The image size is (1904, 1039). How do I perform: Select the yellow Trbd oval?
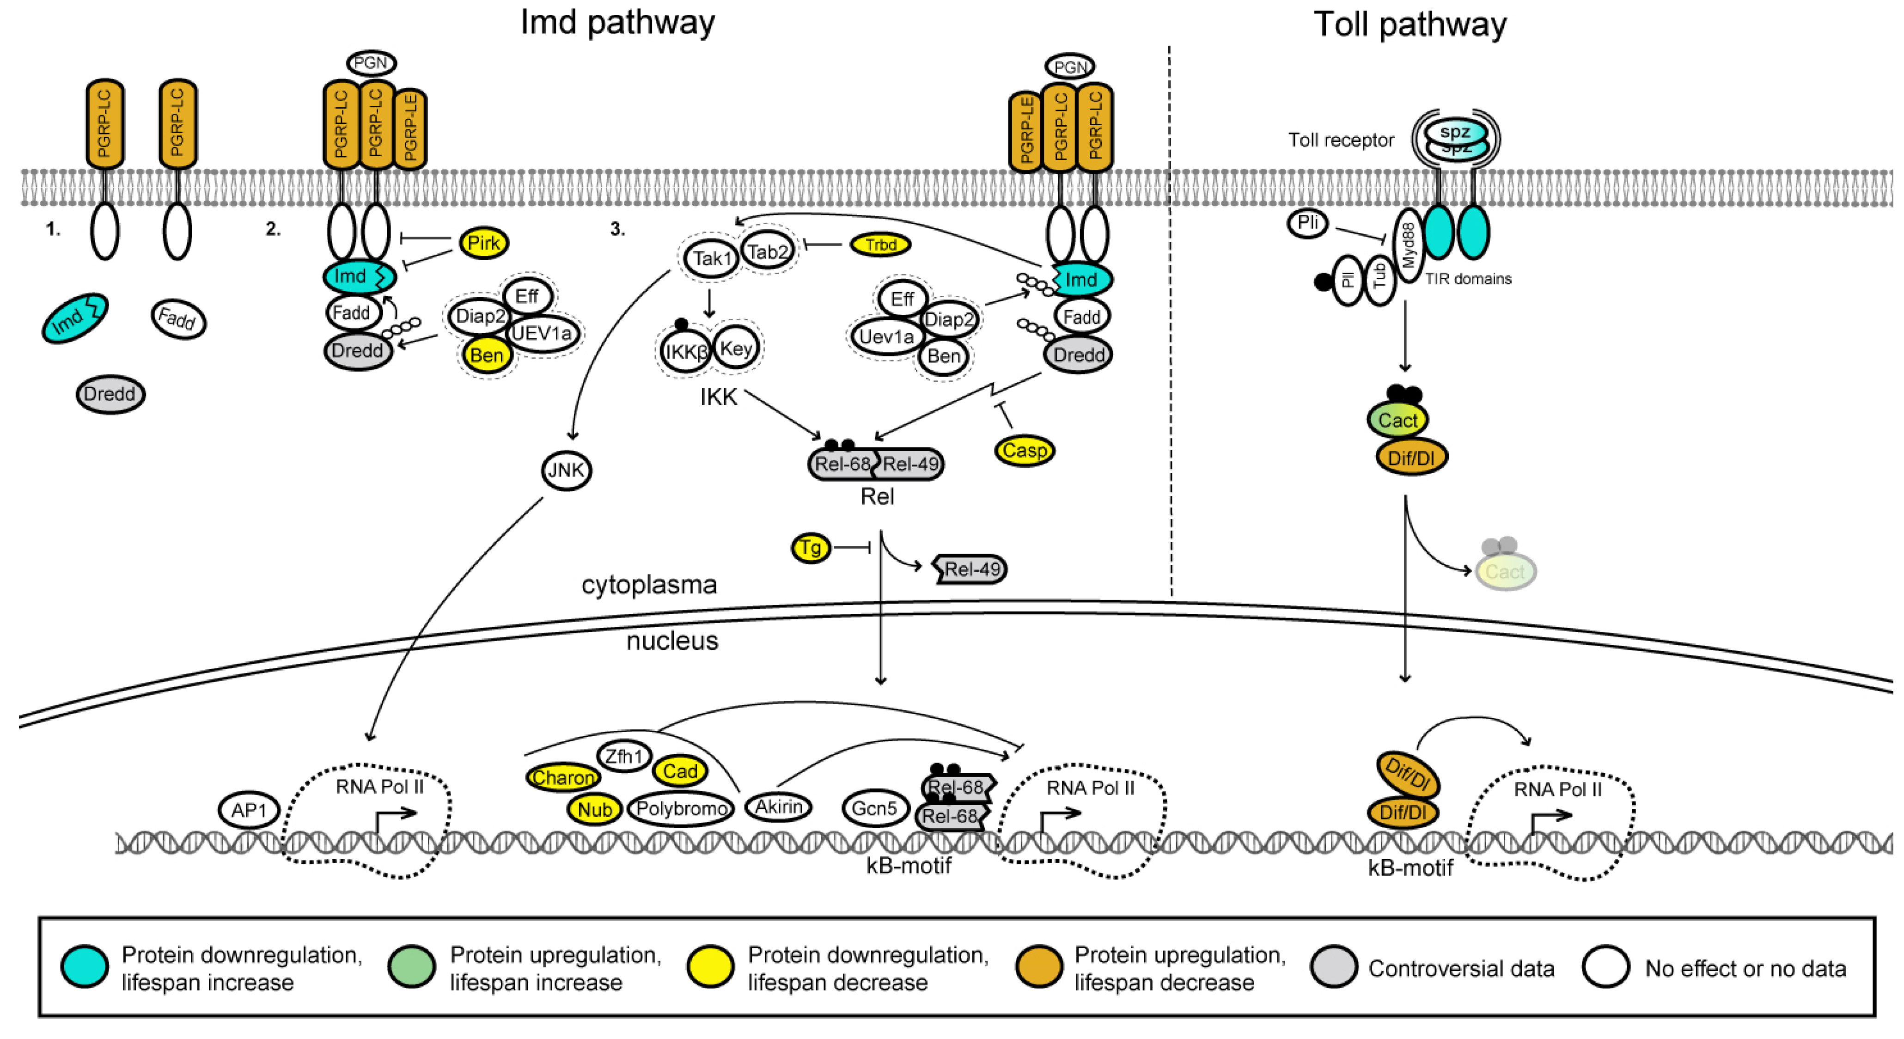pyautogui.click(x=879, y=244)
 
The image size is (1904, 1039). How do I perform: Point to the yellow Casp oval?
pyautogui.click(x=1025, y=450)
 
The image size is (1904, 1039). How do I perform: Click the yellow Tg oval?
pyautogui.click(x=811, y=548)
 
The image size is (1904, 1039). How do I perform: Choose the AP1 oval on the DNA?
pyautogui.click(x=249, y=810)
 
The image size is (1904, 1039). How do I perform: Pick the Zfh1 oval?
pyautogui.click(x=624, y=756)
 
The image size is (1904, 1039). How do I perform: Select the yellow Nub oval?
pyautogui.click(x=594, y=809)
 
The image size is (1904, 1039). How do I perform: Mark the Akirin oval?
pyautogui.click(x=778, y=806)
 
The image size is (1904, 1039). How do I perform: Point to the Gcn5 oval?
pyautogui.click(x=874, y=808)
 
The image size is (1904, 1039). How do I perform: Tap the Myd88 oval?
pyautogui.click(x=1408, y=244)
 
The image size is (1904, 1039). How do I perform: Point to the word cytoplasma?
pyautogui.click(x=649, y=585)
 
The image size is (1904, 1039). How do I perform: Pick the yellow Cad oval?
pyautogui.click(x=680, y=771)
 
